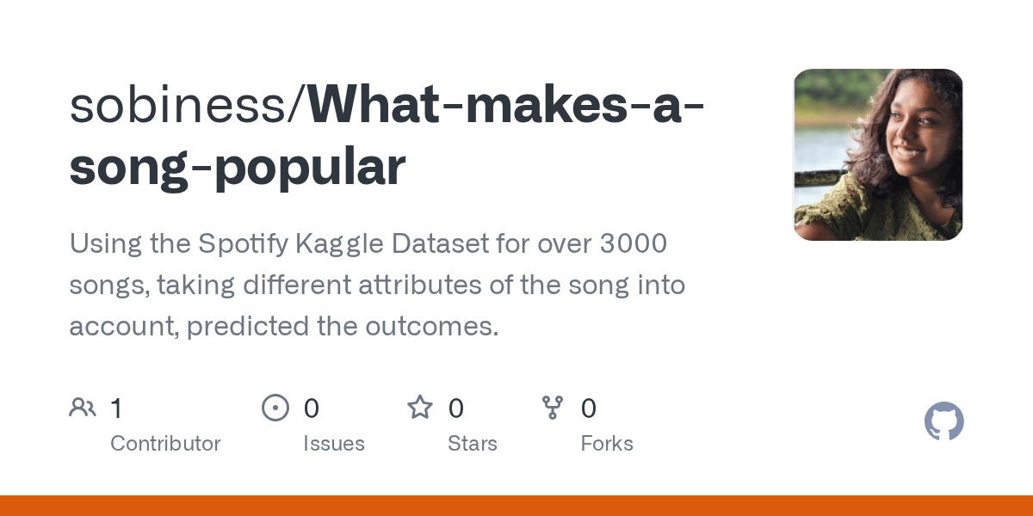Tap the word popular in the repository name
[x=309, y=167]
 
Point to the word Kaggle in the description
[x=340, y=244]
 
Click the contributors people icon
[x=83, y=408]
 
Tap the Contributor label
[x=165, y=444]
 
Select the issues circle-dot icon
[x=275, y=408]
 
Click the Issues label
[x=334, y=444]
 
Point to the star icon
[x=420, y=408]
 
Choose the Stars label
[x=473, y=444]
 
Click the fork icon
[x=552, y=408]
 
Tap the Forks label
[x=607, y=444]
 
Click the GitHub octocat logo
[x=943, y=422]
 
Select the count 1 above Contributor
[x=116, y=408]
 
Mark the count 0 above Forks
[x=589, y=408]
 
